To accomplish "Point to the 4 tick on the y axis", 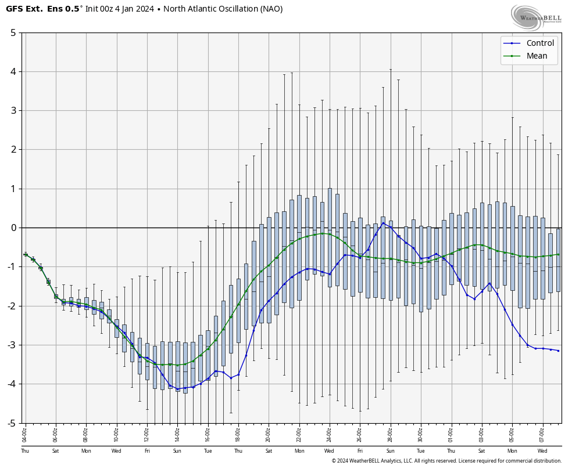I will [13, 71].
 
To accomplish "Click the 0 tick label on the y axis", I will [13, 228].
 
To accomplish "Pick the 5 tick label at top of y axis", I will [13, 33].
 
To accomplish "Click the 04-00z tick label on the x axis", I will [25, 434].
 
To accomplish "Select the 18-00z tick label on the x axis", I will [238, 434].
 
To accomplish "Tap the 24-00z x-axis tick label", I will [329, 434].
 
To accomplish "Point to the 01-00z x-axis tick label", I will [451, 434].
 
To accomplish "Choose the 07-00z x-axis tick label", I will [542, 434].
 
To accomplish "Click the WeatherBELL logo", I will [536, 17].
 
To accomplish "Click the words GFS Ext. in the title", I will [24, 9].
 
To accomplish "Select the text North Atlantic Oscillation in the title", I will [210, 9].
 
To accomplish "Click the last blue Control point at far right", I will [558, 351].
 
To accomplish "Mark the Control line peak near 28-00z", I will [382, 223].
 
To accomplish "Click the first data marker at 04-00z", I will [25, 254].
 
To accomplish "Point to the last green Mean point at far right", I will [558, 254].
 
